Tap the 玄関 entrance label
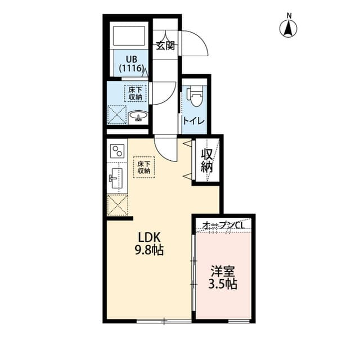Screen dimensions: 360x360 pyautogui.click(x=165, y=46)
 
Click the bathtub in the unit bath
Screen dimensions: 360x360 pyautogui.click(x=129, y=36)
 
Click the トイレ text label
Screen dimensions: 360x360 pyautogui.click(x=193, y=121)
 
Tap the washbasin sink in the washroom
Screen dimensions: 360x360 pyautogui.click(x=138, y=116)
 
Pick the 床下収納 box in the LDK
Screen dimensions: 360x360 pyautogui.click(x=143, y=167)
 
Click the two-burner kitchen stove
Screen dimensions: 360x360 pyautogui.click(x=118, y=151)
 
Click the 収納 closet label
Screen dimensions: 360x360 pyautogui.click(x=207, y=160)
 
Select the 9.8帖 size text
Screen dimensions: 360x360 pyautogui.click(x=148, y=251)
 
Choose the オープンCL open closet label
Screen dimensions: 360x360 pyautogui.click(x=223, y=225)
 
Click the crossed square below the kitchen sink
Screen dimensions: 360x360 pyautogui.click(x=118, y=205)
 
